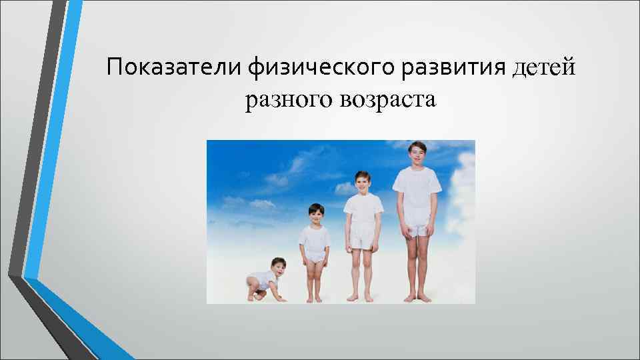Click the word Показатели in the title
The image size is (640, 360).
click(x=175, y=67)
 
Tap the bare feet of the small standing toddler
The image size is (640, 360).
click(x=315, y=299)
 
